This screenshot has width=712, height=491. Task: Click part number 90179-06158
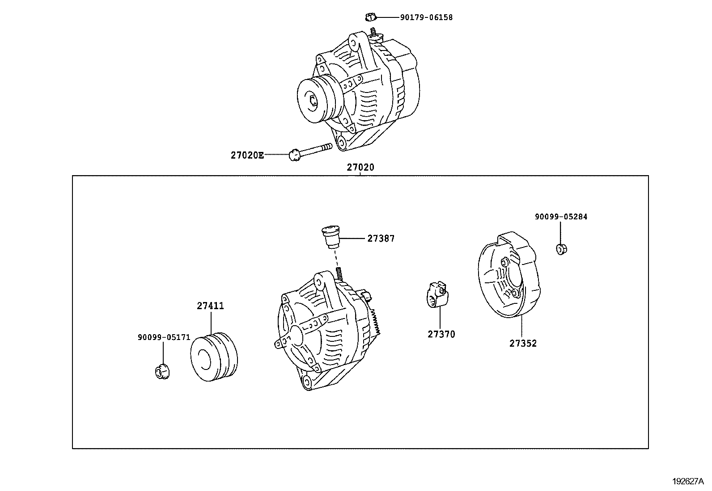coord(426,17)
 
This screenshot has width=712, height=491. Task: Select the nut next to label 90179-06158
coord(369,17)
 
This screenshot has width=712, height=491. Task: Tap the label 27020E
coord(247,155)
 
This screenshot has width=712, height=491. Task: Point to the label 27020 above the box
coord(360,168)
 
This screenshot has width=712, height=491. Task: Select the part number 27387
coord(381,239)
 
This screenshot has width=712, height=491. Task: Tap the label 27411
coord(210,306)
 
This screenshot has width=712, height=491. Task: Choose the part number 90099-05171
coord(164,338)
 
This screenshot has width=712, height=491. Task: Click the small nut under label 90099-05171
coord(162,372)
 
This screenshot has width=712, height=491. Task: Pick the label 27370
coord(441,334)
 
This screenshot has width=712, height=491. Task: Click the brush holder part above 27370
coord(436,295)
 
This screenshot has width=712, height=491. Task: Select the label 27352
coord(523,344)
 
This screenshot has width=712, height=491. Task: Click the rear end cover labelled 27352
coord(508,277)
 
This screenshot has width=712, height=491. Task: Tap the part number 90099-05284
coord(561,217)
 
